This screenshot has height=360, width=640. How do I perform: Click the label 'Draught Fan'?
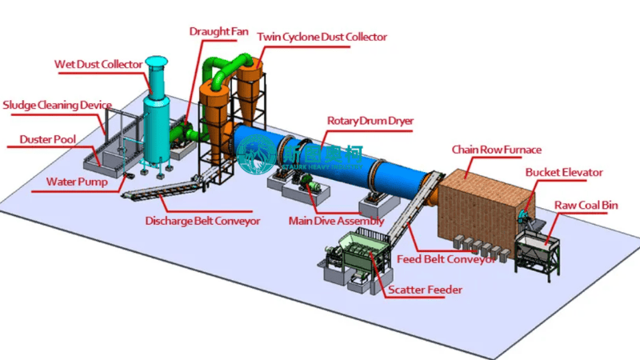point(218,31)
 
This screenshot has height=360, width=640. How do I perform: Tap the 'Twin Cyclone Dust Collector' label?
point(322,37)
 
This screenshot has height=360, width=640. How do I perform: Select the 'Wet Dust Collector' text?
point(98,64)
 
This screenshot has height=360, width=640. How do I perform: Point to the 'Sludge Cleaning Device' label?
point(57,105)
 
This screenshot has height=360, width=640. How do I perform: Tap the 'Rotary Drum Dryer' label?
point(370,121)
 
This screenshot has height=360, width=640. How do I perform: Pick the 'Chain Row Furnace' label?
point(496,150)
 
